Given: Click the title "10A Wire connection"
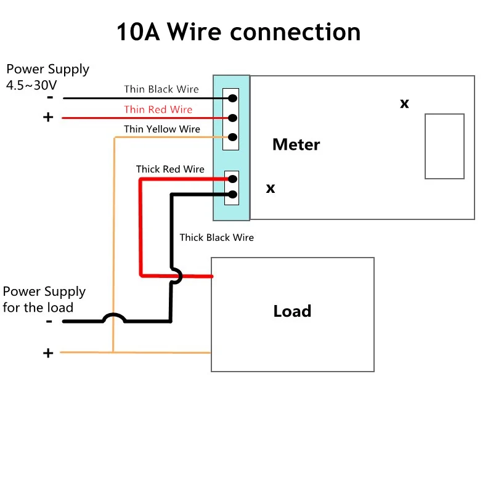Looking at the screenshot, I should (x=238, y=32).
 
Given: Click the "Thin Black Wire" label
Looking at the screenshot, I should (x=161, y=89).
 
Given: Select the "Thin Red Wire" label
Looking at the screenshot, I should (x=158, y=110).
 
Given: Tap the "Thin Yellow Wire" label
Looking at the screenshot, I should (x=162, y=129).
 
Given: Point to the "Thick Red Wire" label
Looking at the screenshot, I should (x=170, y=169).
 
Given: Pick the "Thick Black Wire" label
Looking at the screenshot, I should (x=216, y=237).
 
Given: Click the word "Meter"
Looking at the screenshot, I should (x=296, y=145).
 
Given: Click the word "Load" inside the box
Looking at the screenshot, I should (x=292, y=311).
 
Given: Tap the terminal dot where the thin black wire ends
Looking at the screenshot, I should (x=232, y=98).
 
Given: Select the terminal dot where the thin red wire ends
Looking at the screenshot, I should (x=232, y=118).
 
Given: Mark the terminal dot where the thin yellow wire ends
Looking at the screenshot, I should (x=232, y=137).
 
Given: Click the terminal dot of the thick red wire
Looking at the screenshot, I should (x=232, y=179).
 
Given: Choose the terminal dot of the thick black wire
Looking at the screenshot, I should (x=232, y=195).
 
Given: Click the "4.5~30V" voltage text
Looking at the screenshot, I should (x=31, y=85).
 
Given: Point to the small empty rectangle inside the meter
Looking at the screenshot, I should (x=444, y=146).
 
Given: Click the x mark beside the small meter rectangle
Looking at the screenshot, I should (x=404, y=104).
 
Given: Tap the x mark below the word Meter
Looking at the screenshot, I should (x=271, y=189).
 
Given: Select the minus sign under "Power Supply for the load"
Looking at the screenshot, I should (x=49, y=321).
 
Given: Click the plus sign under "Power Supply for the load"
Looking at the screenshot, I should (x=48, y=353).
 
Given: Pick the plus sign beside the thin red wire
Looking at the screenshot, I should (x=48, y=117).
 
